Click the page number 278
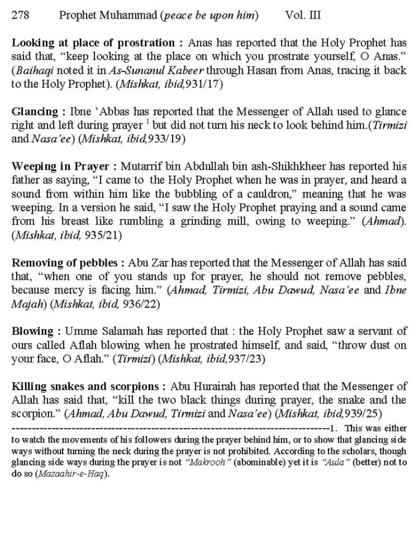[x=21, y=16]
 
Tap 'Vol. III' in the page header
[x=303, y=16]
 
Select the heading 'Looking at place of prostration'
[x=93, y=43]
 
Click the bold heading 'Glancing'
[x=34, y=112]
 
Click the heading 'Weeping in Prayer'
[x=60, y=167]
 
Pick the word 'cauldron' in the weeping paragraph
[x=272, y=194]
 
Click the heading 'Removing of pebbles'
[x=65, y=263]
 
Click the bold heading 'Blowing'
[x=33, y=332]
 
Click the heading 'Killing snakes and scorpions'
[x=85, y=387]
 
